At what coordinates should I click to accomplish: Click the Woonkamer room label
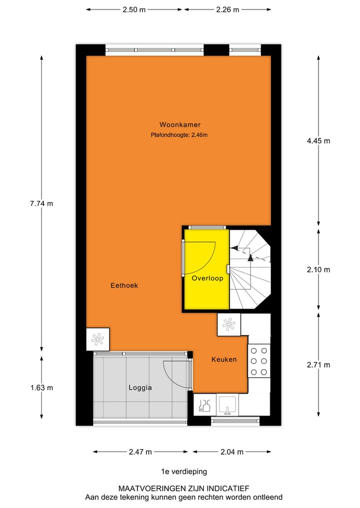tap(180, 124)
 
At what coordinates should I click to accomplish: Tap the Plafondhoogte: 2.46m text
tap(179, 134)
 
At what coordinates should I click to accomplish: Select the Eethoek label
tap(124, 286)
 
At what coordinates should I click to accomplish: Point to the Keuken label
tap(223, 359)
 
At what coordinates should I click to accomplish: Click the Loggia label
tap(139, 387)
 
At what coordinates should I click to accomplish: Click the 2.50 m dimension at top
tap(133, 9)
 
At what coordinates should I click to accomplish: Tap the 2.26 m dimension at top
tap(227, 9)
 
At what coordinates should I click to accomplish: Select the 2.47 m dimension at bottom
tap(140, 452)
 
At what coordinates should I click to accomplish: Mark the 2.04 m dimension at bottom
tap(232, 452)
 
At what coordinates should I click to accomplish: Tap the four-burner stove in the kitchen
tap(259, 361)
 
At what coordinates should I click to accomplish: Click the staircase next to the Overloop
tap(250, 270)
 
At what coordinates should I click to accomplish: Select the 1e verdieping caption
tap(183, 471)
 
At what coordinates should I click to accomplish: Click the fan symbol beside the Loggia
tap(97, 339)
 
